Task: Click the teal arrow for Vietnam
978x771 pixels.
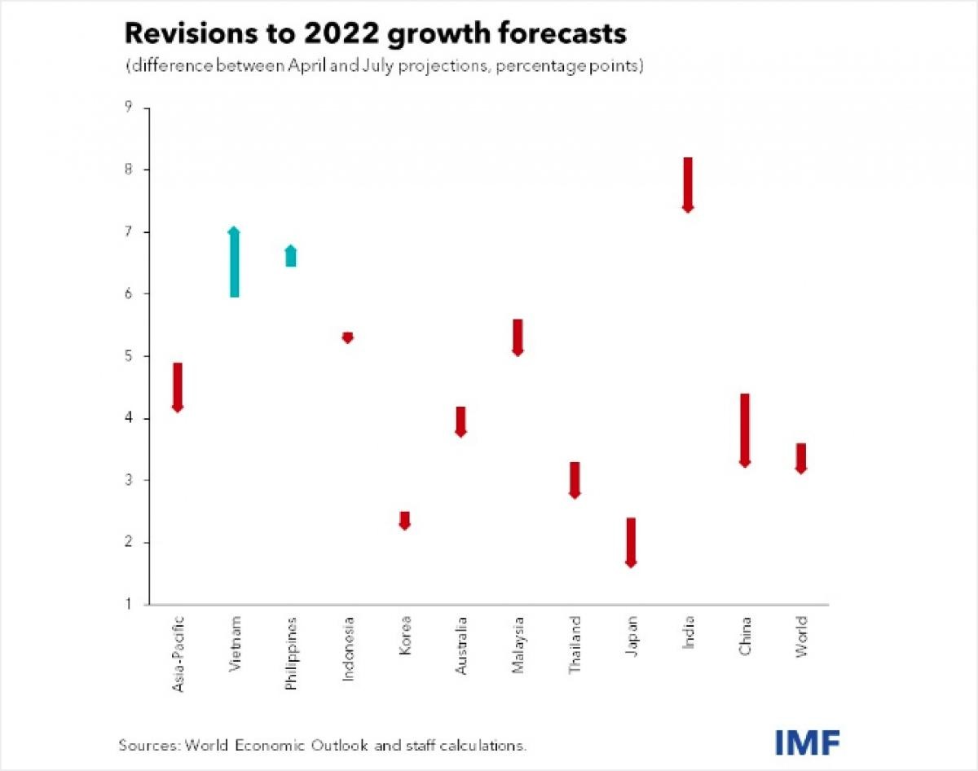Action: (234, 262)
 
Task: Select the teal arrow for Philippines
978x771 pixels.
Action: (291, 256)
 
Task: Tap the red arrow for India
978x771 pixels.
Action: (688, 184)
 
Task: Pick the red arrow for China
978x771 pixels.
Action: (745, 430)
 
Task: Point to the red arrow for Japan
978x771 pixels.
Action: (631, 542)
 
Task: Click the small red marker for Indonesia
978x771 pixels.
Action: (348, 337)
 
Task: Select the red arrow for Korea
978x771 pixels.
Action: (404, 521)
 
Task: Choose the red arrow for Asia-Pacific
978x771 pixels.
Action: (178, 386)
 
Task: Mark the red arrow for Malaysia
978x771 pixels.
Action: (518, 337)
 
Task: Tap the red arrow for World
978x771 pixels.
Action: (801, 458)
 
